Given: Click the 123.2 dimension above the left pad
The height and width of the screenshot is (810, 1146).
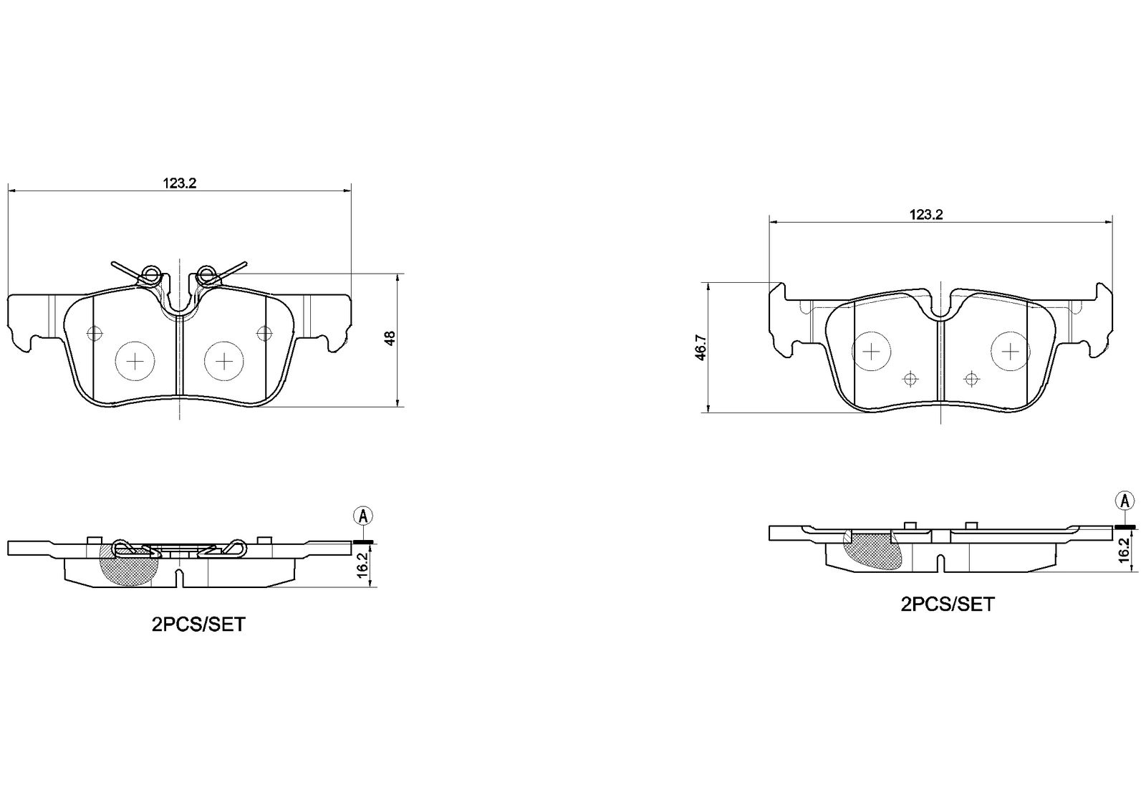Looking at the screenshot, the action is [x=180, y=183].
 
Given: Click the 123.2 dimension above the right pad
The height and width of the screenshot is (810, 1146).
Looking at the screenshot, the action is [x=925, y=215].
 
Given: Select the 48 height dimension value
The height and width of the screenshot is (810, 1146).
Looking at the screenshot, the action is [x=390, y=338].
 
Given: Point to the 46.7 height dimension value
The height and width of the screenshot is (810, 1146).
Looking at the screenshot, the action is [x=700, y=347].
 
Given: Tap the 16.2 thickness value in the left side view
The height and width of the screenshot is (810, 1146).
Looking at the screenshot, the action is [x=362, y=565].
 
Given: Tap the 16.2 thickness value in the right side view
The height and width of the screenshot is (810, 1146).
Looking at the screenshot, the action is [x=1124, y=550].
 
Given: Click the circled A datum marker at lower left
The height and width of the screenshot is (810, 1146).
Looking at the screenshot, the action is [x=363, y=516].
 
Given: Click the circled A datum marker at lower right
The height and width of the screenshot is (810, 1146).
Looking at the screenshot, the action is [x=1125, y=501].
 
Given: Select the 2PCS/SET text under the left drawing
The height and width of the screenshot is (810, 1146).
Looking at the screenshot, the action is [x=198, y=625].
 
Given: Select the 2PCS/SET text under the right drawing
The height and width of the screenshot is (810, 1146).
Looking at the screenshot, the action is [x=948, y=604].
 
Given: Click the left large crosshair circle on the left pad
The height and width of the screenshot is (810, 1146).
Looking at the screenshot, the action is [x=135, y=361].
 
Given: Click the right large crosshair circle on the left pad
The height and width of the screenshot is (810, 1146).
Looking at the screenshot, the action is [x=224, y=361].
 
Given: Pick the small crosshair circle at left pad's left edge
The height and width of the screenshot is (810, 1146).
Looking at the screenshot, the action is [x=95, y=334].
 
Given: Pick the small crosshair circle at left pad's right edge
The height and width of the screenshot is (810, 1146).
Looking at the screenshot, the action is [x=264, y=334].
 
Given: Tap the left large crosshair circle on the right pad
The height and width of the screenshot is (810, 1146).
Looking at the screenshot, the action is [x=871, y=351].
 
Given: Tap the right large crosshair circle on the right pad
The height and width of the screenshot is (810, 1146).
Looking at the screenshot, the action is [x=1011, y=351].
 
